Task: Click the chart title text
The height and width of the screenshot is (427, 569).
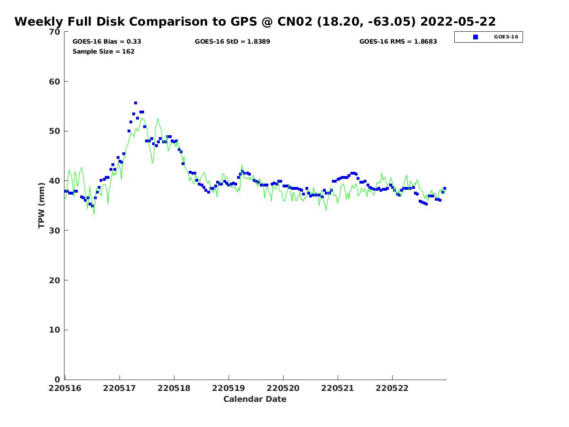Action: pos(255,22)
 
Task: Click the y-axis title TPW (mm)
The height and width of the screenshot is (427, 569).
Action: pos(42,205)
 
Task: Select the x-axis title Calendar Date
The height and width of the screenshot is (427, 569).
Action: pos(255,399)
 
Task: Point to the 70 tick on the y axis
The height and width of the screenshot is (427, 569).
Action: pos(55,32)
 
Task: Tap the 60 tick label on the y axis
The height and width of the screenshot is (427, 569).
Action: pos(55,82)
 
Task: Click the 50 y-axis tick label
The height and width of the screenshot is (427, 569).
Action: pos(55,131)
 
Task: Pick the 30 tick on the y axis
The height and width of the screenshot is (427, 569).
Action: pos(55,231)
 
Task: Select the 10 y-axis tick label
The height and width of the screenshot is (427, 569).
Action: pos(55,330)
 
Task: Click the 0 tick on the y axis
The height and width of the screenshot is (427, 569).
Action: pos(57,380)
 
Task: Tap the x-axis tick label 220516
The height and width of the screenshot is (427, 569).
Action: pos(65,388)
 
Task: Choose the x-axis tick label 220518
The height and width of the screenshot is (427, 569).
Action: pos(174,388)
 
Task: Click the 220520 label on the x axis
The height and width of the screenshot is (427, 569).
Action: pos(283,388)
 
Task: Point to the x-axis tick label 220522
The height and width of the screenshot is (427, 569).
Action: pos(392,388)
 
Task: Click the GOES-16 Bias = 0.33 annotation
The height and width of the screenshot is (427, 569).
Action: pos(107,41)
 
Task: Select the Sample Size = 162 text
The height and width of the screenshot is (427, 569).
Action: pos(103,51)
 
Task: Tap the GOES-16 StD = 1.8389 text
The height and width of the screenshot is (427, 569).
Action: pos(232,41)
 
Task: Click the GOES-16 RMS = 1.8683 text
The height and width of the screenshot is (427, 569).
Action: pos(398,41)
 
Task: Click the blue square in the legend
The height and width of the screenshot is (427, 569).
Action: pos(476,37)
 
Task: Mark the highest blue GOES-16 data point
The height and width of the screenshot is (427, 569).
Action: pos(136,103)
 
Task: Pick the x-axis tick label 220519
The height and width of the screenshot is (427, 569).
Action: pos(229,388)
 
